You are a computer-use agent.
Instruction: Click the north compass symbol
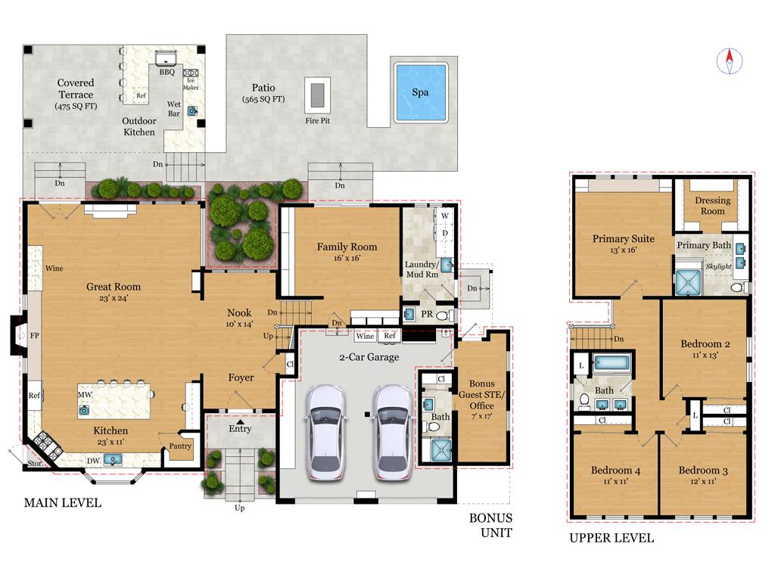(x=730, y=60)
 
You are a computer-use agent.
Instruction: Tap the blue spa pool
(x=420, y=92)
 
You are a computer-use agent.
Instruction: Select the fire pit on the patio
(x=317, y=95)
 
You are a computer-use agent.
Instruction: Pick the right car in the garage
(x=393, y=431)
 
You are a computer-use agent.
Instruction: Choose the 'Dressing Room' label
(x=713, y=206)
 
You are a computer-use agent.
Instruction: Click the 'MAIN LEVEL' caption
(x=62, y=503)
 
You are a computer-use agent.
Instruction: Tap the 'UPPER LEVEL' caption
(x=612, y=539)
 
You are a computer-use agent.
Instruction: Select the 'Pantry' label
(x=180, y=446)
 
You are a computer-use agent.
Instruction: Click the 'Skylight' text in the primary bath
(x=718, y=267)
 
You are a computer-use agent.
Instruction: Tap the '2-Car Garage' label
(x=369, y=357)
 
